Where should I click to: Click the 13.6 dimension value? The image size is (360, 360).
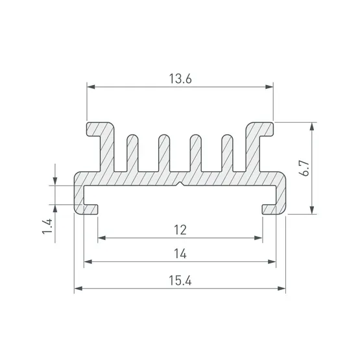pyautogui.click(x=180, y=78)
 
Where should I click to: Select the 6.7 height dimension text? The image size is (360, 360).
pyautogui.click(x=305, y=168)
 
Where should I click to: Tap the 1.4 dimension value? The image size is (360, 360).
pyautogui.click(x=47, y=226)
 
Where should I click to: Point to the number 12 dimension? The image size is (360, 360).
pyautogui.click(x=180, y=230)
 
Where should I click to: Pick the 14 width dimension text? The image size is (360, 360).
pyautogui.click(x=180, y=254)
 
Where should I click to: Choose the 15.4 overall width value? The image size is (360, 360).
pyautogui.click(x=180, y=280)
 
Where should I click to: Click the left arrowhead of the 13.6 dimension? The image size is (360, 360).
pyautogui.click(x=91, y=87)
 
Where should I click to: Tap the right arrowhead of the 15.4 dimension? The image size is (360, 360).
pyautogui.click(x=282, y=289)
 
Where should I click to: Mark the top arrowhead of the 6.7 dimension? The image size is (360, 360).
pyautogui.click(x=311, y=126)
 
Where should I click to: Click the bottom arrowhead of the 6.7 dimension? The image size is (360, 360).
pyautogui.click(x=311, y=210)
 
